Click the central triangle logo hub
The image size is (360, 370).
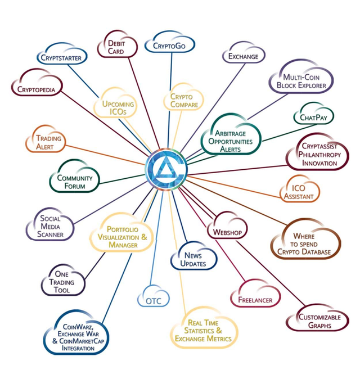tap(166, 169)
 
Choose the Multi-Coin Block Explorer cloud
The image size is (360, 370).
tap(301, 77)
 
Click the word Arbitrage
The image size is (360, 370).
tap(230, 134)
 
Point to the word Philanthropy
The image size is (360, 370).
tap(319, 155)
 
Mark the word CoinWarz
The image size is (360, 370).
tap(78, 327)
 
